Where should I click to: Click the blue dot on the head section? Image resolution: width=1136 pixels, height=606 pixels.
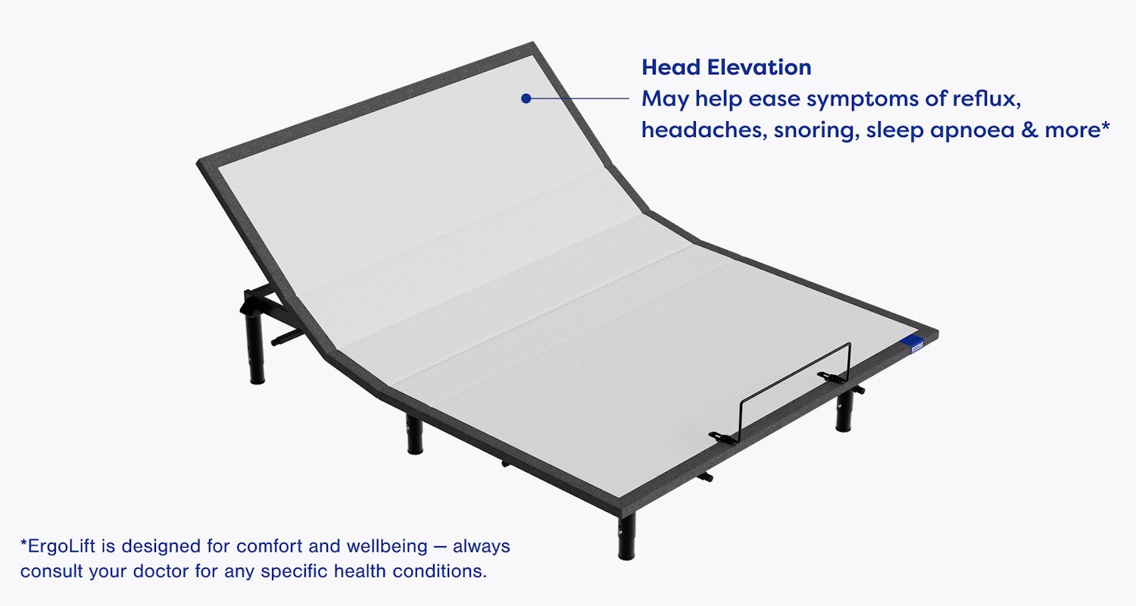click(526, 98)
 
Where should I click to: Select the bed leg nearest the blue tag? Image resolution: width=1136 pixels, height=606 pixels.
click(844, 413)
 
